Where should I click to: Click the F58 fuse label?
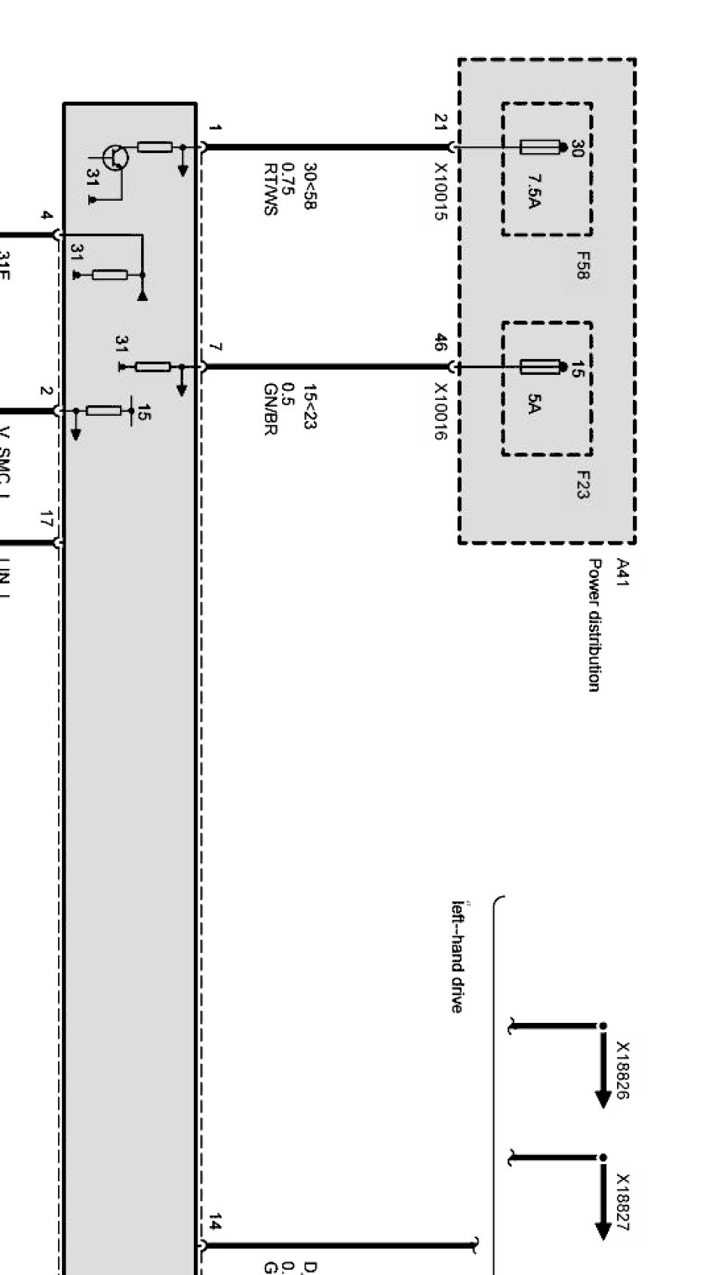582,266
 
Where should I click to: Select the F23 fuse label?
582,484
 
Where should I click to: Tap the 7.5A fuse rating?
534,191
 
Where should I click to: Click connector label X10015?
440,192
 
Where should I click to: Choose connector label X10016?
440,412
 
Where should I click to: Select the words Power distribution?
595,625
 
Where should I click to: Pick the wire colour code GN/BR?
271,409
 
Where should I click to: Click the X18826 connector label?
623,1070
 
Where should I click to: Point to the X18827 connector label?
623,1202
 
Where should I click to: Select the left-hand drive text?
457,956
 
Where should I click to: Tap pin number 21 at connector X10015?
440,122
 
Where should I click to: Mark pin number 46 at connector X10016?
440,343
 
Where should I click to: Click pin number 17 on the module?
46,520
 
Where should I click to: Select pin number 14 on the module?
215,1221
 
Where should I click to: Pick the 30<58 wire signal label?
309,186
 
